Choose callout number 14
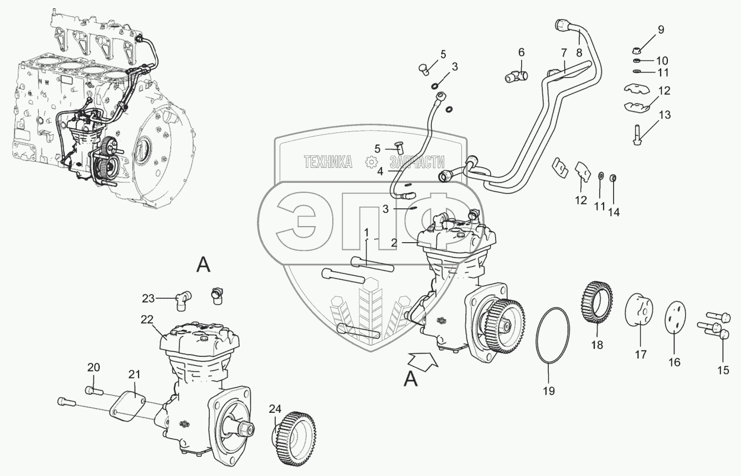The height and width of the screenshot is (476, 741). click(614, 212)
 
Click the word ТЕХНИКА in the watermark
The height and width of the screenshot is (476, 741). click(328, 161)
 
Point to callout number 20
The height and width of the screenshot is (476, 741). click(94, 367)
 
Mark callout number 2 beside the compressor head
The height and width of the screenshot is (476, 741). click(393, 242)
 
